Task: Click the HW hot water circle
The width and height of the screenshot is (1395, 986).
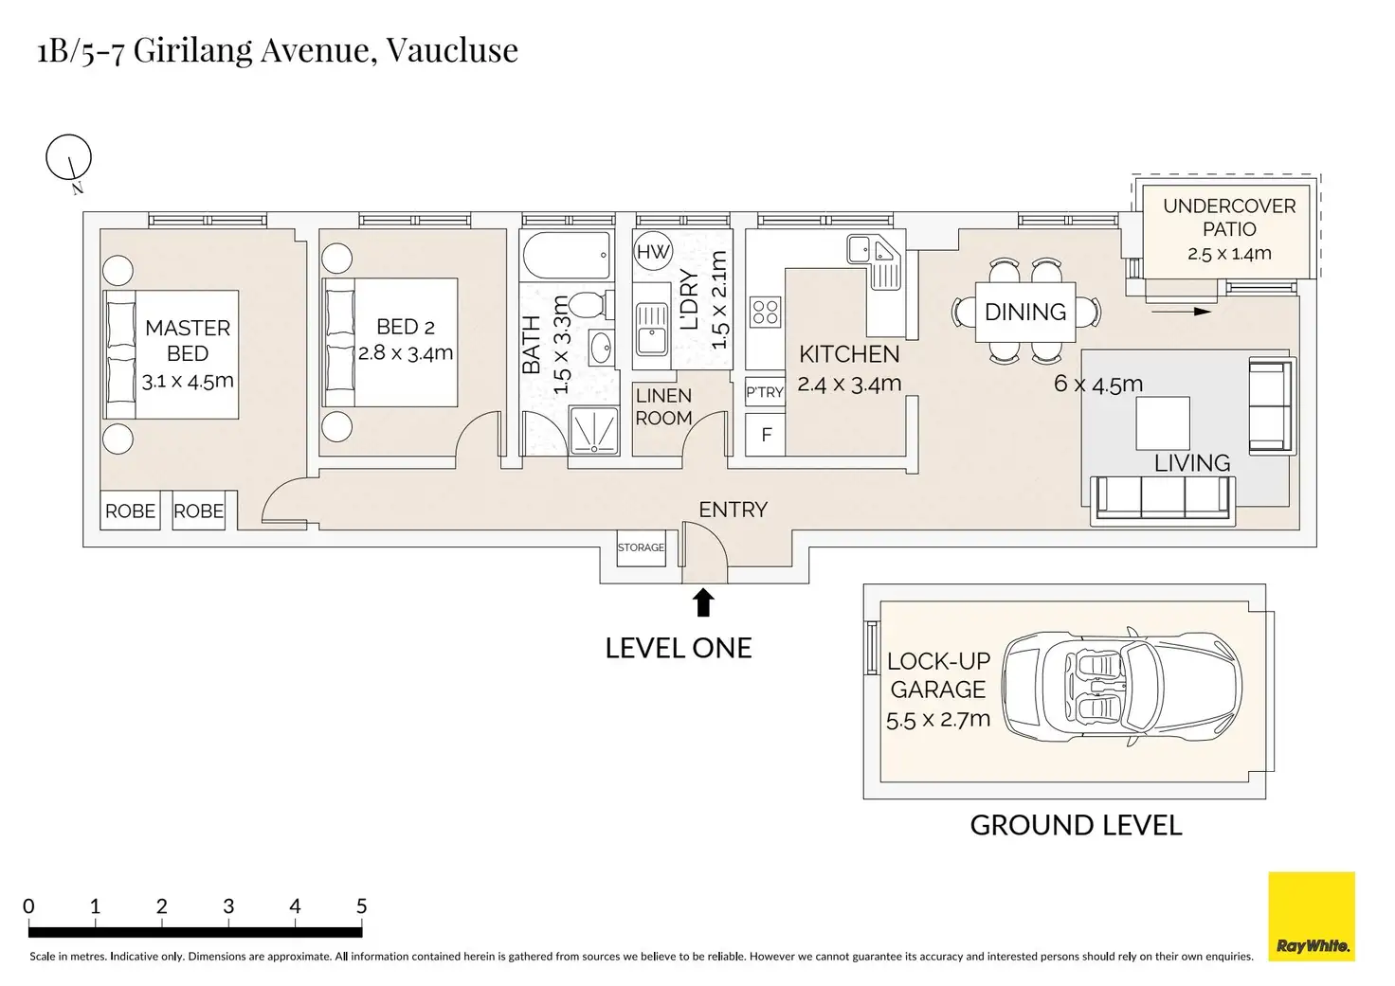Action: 653,251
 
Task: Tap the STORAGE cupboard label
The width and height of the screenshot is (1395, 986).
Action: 641,547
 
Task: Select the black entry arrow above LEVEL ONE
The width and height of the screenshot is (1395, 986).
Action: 703,602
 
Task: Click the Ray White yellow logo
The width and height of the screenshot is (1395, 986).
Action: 1312,916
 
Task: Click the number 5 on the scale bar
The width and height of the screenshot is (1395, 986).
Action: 361,905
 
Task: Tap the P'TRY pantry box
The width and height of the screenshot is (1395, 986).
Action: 765,392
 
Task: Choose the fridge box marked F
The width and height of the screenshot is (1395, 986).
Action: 766,435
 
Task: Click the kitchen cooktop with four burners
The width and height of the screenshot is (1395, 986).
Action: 765,313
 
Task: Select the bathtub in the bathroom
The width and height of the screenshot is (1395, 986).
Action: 567,255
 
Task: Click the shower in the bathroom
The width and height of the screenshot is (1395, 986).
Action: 594,431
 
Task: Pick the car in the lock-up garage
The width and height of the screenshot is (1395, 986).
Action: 1122,689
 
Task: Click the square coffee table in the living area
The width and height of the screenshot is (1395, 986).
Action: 1163,422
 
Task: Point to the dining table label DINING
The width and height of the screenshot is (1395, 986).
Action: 1025,312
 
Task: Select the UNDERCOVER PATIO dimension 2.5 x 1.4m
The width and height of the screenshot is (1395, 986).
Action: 1229,254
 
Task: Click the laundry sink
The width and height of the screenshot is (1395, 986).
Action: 652,328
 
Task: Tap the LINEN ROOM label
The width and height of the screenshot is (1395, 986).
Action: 663,406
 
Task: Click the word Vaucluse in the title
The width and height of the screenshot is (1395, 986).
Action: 452,50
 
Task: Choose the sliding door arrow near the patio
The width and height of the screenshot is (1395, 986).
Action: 1181,312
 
